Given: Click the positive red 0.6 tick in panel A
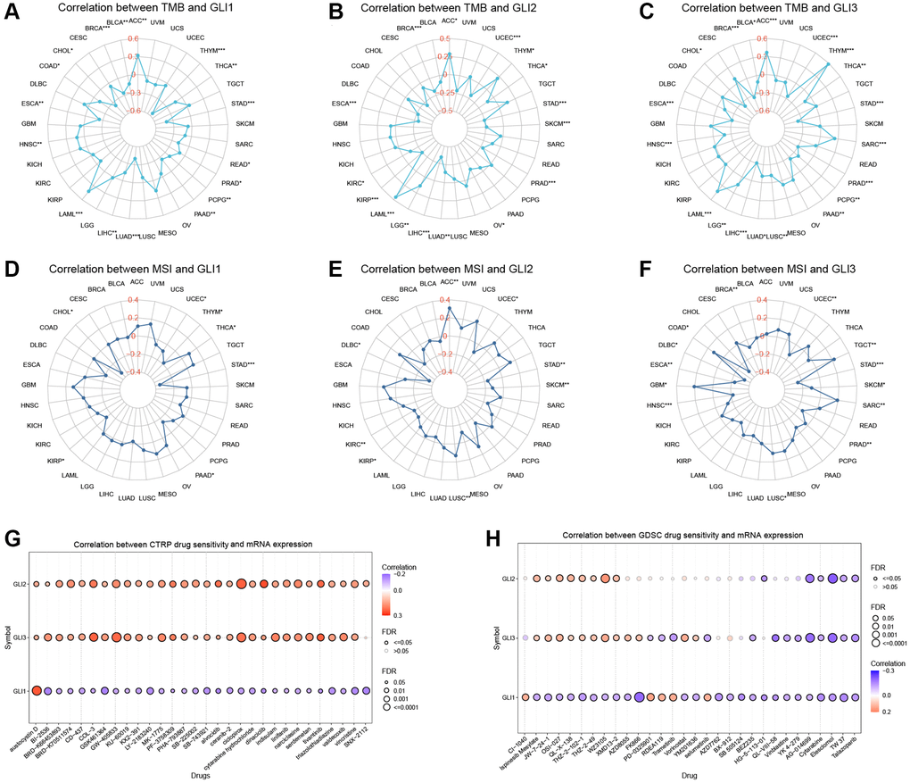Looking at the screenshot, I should click(x=133, y=38).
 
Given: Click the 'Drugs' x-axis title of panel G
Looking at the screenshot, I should click(x=203, y=775).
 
